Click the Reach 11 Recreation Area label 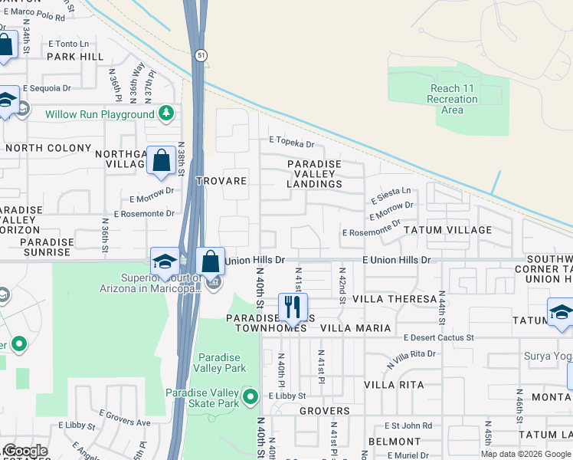click(452, 100)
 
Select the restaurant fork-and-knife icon click(293, 307)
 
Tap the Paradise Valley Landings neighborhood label click(314, 174)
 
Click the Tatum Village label click(448, 230)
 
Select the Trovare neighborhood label click(221, 181)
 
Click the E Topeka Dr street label click(291, 143)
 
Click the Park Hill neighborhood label click(75, 57)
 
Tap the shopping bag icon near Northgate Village click(161, 161)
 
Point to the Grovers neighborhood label click(324, 411)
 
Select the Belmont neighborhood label click(394, 442)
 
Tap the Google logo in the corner click(25, 452)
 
